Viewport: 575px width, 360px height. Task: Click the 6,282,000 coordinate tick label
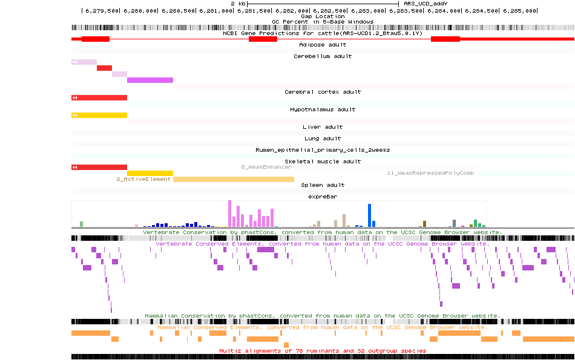pos(293,11)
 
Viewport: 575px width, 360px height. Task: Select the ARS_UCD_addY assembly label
pos(425,4)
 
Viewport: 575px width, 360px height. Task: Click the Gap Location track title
pos(323,16)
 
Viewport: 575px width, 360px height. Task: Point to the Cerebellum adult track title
pos(323,56)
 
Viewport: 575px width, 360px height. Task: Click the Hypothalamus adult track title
pos(323,110)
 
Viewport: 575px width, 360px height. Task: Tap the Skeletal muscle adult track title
pos(323,162)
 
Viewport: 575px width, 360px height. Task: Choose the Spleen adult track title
pos(323,185)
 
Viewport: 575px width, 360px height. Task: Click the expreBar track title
pos(323,197)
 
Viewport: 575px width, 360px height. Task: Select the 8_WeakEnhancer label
pos(266,166)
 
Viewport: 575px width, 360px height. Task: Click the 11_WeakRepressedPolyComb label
pos(430,173)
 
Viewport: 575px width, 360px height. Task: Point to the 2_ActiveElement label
pos(143,179)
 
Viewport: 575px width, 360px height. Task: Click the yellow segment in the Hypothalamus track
pos(100,115)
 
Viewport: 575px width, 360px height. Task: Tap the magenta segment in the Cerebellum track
pos(150,80)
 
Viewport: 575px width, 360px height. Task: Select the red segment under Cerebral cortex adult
pos(100,97)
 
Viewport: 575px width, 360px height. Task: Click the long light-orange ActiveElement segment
pos(233,179)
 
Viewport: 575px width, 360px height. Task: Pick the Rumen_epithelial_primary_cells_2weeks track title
pos(323,150)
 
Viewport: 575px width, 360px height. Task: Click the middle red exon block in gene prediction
pos(263,39)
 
